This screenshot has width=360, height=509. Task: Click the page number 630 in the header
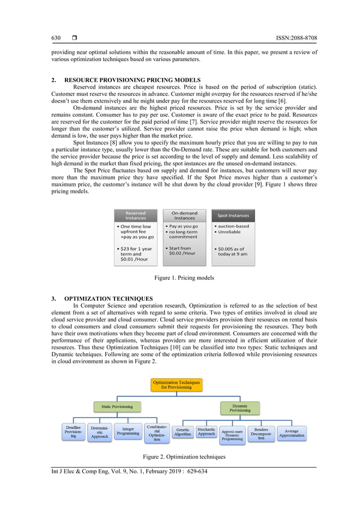pyautogui.click(x=56, y=38)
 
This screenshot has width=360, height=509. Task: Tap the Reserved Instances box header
pyautogui.click(x=135, y=215)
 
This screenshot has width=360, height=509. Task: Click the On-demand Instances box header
pyautogui.click(x=185, y=215)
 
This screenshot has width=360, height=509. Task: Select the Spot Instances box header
pyautogui.click(x=233, y=215)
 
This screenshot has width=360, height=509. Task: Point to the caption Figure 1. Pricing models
pyautogui.click(x=184, y=278)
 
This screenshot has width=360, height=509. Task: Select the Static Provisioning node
pyautogui.click(x=117, y=406)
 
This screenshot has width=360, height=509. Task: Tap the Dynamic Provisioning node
pyautogui.click(x=240, y=407)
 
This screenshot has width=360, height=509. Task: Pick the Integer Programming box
pyautogui.click(x=128, y=432)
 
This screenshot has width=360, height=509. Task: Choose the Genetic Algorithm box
pyautogui.click(x=182, y=432)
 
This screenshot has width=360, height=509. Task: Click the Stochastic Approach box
pyautogui.click(x=207, y=432)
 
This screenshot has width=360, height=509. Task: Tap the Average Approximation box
pyautogui.click(x=292, y=433)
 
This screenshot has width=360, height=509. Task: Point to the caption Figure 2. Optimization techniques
pyautogui.click(x=184, y=455)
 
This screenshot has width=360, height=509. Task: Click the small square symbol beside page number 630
pyautogui.click(x=74, y=38)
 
